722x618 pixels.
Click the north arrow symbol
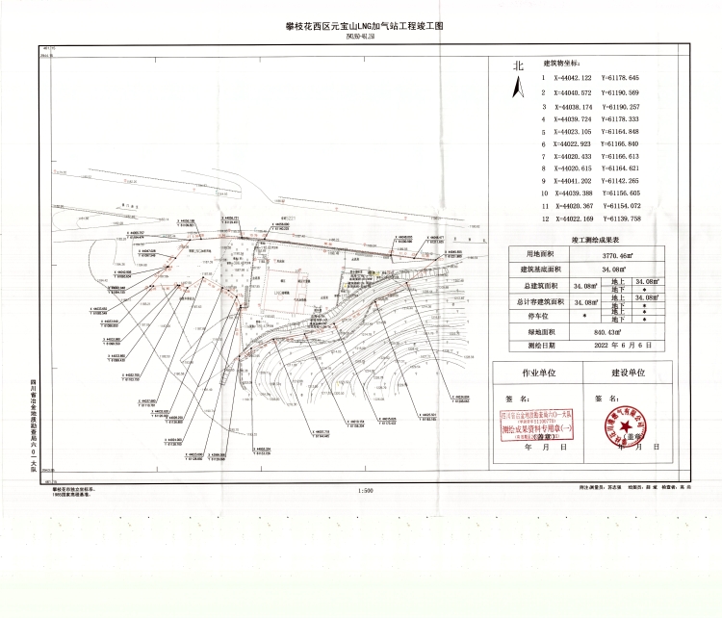pyautogui.click(x=518, y=90)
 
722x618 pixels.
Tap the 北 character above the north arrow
pyautogui.click(x=518, y=65)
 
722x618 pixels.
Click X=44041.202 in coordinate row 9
pyautogui.click(x=575, y=180)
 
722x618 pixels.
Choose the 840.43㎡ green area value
pyautogui.click(x=614, y=330)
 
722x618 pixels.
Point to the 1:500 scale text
pyautogui.click(x=365, y=492)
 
